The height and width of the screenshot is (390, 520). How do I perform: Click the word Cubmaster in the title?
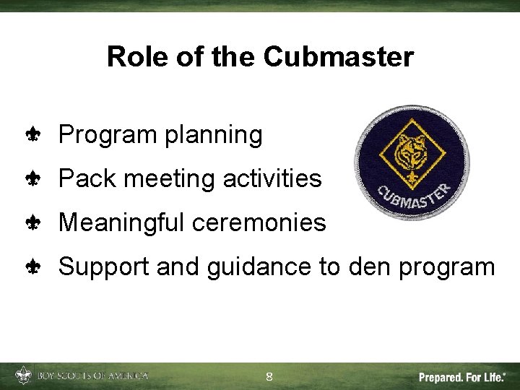pyautogui.click(x=338, y=56)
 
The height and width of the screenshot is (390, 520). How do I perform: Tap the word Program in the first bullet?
pyautogui.click(x=109, y=134)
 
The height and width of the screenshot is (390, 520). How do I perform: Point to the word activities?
pyautogui.click(x=272, y=178)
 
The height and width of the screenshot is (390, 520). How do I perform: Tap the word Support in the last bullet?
pyautogui.click(x=104, y=267)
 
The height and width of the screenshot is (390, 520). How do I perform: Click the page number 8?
pyautogui.click(x=269, y=376)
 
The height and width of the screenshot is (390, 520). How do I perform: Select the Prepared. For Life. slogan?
pyautogui.click(x=462, y=377)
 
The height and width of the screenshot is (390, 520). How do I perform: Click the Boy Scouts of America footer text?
pyautogui.click(x=92, y=376)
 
